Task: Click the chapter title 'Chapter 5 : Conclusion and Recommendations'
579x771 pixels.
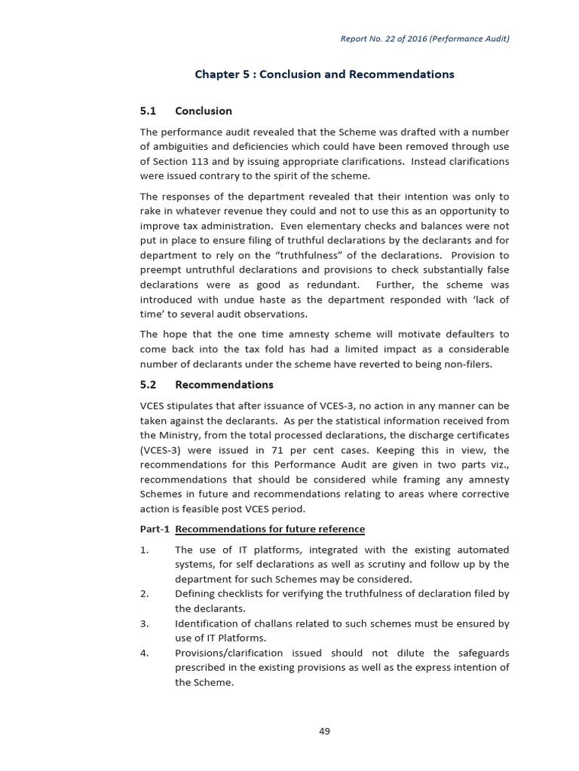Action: click(324, 74)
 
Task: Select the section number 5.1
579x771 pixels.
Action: click(148, 111)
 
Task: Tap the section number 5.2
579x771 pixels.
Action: click(148, 384)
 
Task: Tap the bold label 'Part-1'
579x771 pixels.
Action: click(155, 529)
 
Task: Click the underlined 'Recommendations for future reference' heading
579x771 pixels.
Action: click(270, 529)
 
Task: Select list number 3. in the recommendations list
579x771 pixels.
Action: click(145, 623)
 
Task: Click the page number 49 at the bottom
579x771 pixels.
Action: click(324, 730)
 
